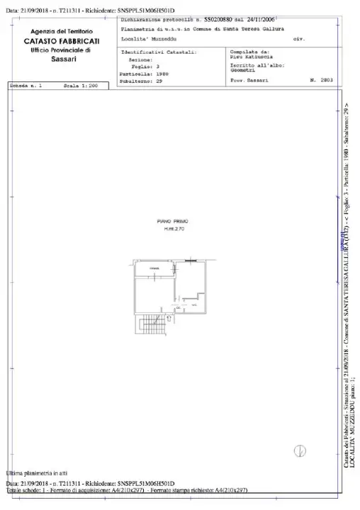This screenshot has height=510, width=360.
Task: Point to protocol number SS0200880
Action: pyautogui.click(x=222, y=21)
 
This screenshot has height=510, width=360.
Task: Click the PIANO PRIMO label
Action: pyautogui.click(x=171, y=222)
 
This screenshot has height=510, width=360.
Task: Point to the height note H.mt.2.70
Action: pyautogui.click(x=171, y=228)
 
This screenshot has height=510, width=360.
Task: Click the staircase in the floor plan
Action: pyautogui.click(x=150, y=326)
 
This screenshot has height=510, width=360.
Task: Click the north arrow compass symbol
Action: pyautogui.click(x=299, y=450)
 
